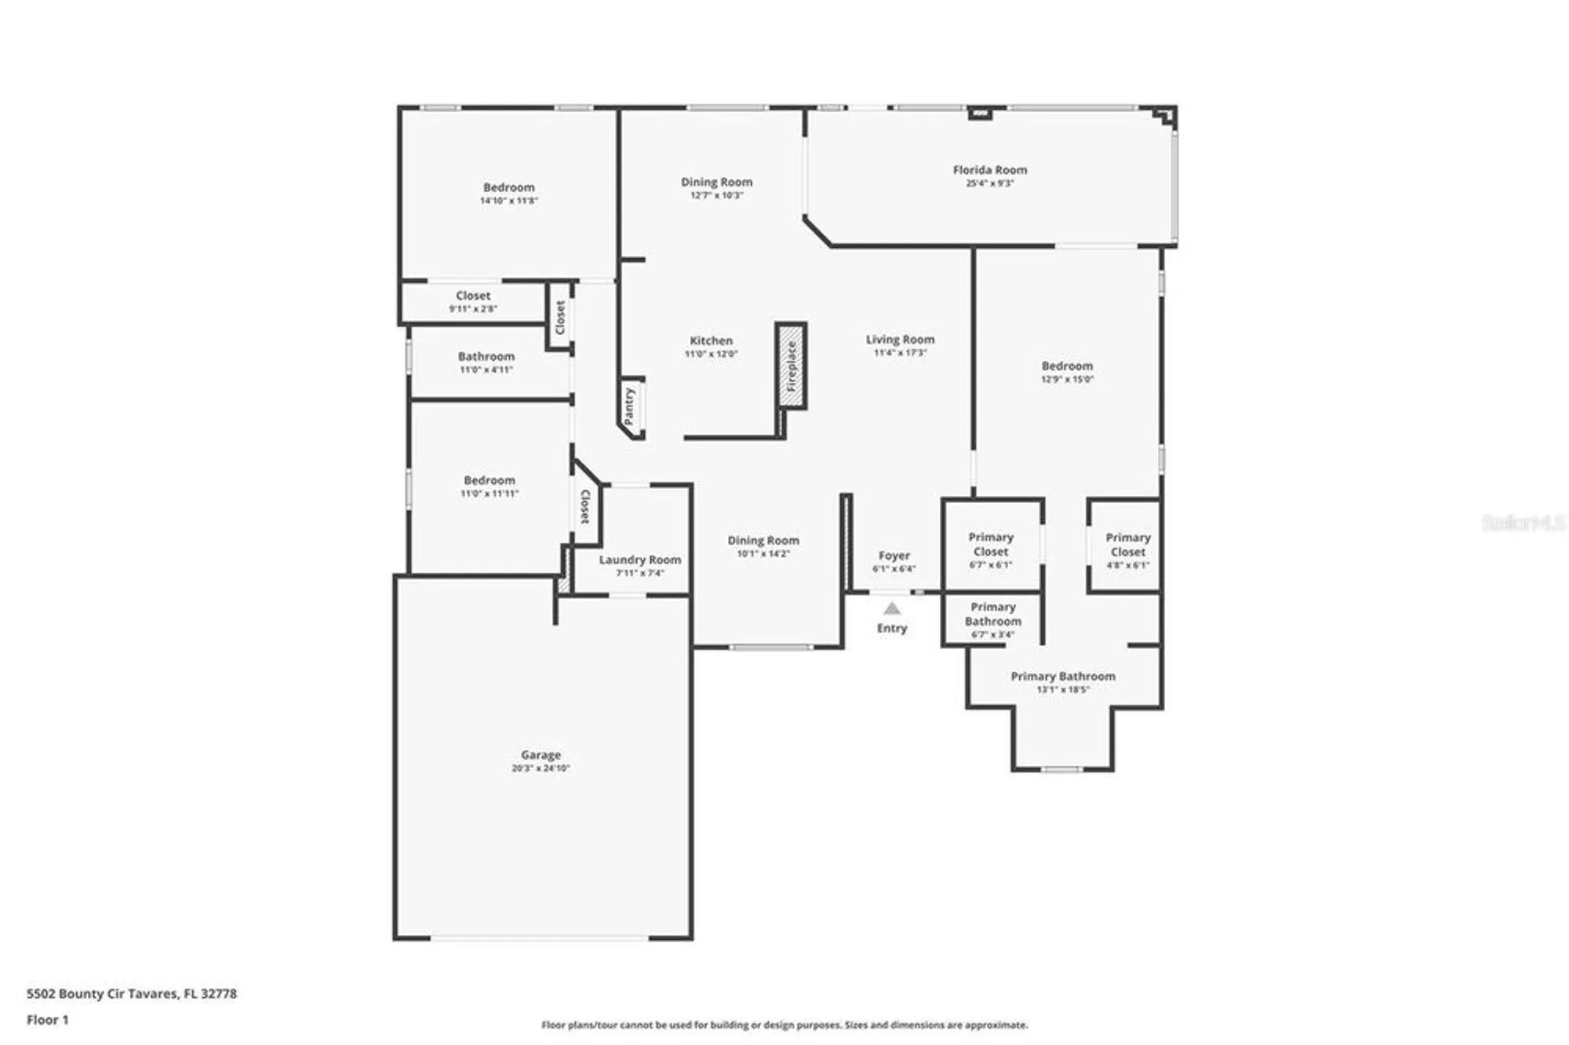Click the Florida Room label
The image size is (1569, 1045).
click(989, 169)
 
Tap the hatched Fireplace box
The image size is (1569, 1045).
click(791, 366)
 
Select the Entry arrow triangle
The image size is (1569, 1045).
click(892, 608)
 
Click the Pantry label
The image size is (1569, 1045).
click(629, 406)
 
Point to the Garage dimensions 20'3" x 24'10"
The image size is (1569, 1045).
click(541, 768)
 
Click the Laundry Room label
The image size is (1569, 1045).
click(639, 559)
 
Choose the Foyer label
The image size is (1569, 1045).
click(894, 555)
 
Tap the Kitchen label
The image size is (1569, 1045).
click(711, 340)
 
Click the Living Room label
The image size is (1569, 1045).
click(900, 340)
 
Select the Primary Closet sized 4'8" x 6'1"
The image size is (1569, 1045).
click(1127, 545)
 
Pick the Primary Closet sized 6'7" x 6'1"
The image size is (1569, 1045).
click(990, 545)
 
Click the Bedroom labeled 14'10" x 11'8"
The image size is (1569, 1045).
click(508, 188)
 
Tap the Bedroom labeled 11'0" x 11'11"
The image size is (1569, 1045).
click(489, 480)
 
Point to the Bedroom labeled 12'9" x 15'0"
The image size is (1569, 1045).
click(1067, 366)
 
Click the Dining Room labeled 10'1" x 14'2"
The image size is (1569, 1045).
click(763, 541)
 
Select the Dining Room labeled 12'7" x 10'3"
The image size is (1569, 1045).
click(716, 182)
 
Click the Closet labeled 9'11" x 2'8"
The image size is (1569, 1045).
click(472, 296)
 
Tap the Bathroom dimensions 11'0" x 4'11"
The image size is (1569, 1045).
click(486, 370)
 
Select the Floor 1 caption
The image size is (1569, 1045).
click(47, 1020)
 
